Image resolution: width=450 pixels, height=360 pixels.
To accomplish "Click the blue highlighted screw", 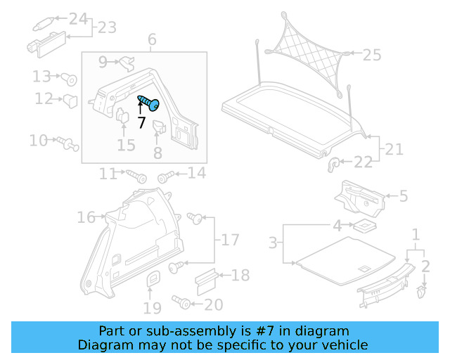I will point(150,103).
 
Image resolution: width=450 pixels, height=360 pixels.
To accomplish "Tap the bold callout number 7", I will point(141,122).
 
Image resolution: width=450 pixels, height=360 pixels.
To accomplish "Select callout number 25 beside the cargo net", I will point(372,54).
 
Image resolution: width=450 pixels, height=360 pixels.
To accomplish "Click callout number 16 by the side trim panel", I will point(86,218).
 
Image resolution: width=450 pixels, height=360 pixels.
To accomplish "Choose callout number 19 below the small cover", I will point(153,307).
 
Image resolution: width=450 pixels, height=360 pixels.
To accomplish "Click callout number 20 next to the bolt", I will point(214,304).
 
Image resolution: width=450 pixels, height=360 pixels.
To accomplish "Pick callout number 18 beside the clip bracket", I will point(240,276).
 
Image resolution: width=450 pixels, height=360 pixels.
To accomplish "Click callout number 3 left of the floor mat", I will point(273,244).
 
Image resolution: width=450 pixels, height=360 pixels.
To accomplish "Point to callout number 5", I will point(403,196).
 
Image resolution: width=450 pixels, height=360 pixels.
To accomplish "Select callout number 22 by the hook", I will point(363,162).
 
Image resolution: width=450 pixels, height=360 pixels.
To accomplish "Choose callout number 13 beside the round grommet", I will point(41,76).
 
